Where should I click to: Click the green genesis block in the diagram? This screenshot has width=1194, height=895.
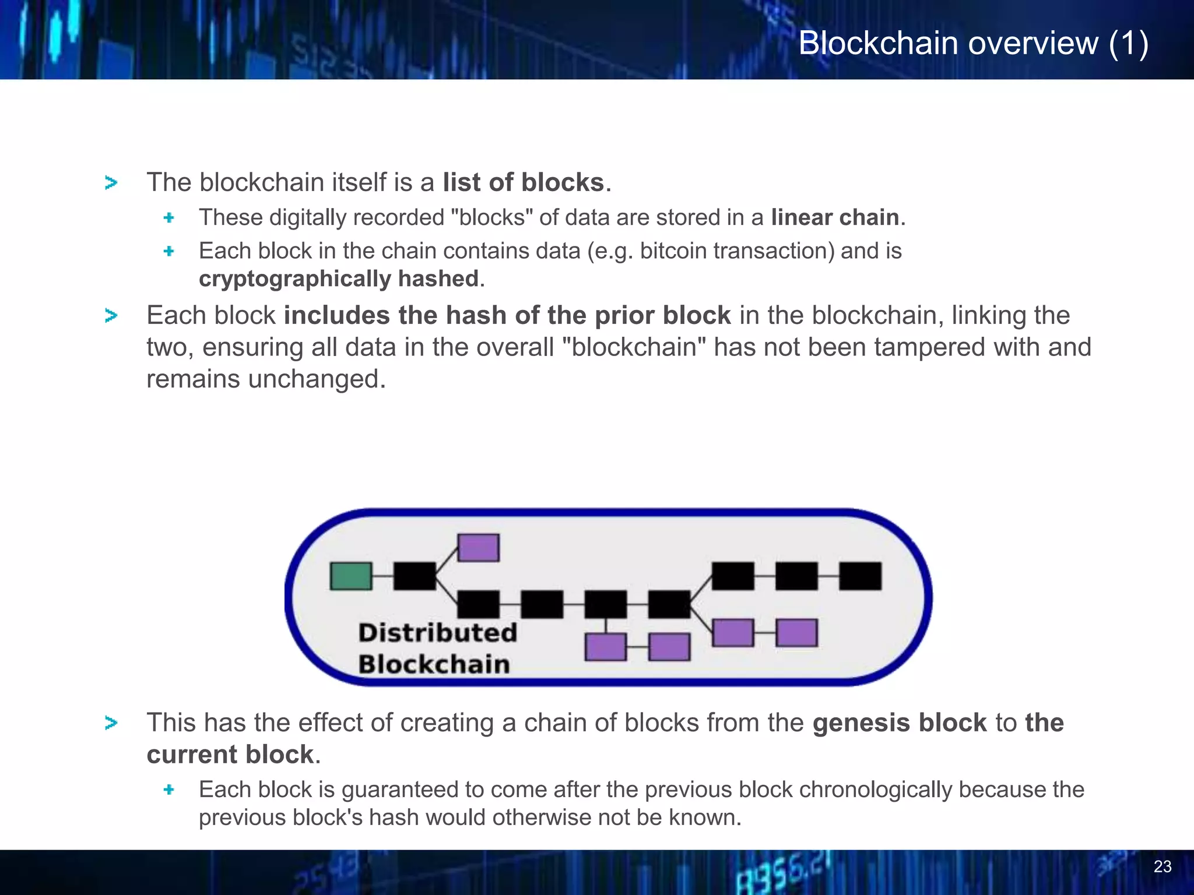click(350, 576)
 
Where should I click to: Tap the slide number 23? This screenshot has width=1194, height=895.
click(1162, 866)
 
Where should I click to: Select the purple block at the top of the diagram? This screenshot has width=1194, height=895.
click(478, 548)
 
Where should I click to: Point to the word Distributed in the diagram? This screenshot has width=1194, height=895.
click(437, 633)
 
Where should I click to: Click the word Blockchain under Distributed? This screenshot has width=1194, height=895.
click(434, 664)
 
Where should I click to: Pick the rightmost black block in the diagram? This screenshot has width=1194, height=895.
click(860, 576)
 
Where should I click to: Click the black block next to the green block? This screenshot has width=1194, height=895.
click(415, 576)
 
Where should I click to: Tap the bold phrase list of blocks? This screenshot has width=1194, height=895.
click(523, 182)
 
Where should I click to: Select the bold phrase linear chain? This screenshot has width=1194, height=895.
click(835, 217)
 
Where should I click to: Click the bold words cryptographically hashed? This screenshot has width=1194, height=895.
click(339, 279)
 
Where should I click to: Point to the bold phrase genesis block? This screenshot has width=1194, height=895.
click(900, 723)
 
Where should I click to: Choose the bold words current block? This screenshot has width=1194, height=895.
click(230, 755)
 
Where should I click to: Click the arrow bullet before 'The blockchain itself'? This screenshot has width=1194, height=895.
click(111, 183)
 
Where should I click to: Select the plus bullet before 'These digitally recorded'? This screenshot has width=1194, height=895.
click(169, 218)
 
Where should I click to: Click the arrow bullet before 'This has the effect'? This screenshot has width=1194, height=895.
click(111, 723)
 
